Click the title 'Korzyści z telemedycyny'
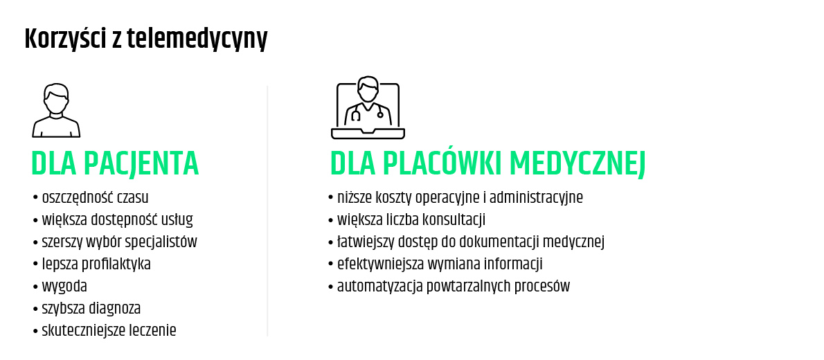145,39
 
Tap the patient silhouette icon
56,111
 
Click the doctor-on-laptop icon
368,108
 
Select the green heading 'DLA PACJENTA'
115,163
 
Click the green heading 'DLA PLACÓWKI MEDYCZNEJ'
487,163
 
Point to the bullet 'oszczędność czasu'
91,197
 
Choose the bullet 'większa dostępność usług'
113,219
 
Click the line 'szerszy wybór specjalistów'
115,242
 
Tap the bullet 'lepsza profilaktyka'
91,264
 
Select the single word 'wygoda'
64,287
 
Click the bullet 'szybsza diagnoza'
87,308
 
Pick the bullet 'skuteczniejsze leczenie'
105,330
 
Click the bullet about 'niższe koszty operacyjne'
456,197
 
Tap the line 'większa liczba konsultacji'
406,219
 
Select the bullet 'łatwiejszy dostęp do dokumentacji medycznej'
467,242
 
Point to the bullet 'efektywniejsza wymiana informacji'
435,264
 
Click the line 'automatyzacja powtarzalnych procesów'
449,287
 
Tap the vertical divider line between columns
267,211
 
